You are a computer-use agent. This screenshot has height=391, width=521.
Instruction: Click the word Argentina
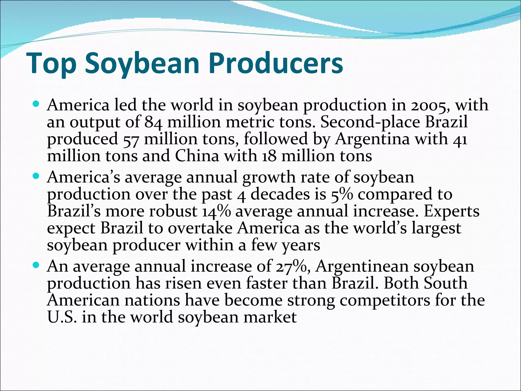click(x=372, y=139)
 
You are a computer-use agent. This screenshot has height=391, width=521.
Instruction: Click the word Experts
click(x=451, y=212)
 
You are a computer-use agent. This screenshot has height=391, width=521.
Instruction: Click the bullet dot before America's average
click(x=36, y=176)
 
